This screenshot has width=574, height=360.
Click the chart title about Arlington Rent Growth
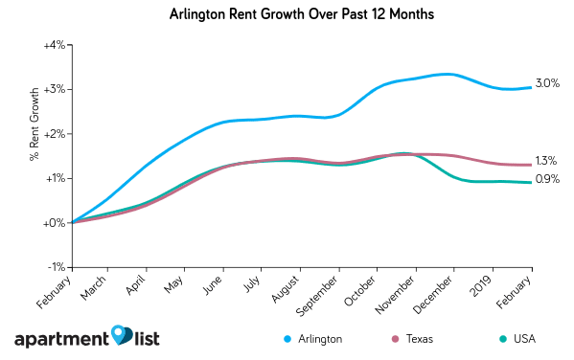click(287, 15)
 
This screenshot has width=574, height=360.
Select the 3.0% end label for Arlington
click(547, 84)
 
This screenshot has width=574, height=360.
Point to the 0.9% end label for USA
click(547, 179)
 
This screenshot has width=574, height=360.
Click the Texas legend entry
click(418, 338)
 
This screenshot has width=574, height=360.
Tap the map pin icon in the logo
click(122, 335)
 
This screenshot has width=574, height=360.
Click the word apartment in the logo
click(60, 340)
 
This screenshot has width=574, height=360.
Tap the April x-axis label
click(137, 286)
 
